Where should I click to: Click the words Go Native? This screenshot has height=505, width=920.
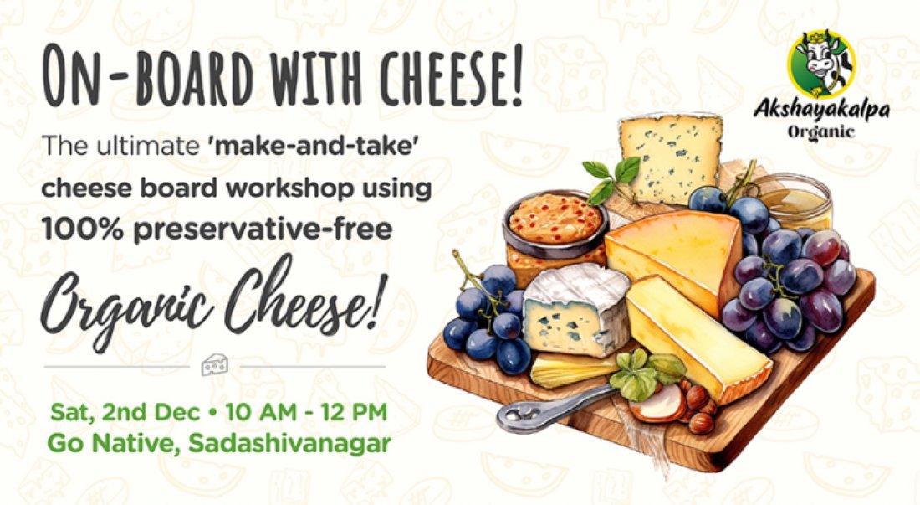pos(104,443)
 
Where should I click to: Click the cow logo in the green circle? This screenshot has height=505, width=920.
pos(820,64)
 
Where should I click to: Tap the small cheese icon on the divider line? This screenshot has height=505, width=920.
pos(215,366)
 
